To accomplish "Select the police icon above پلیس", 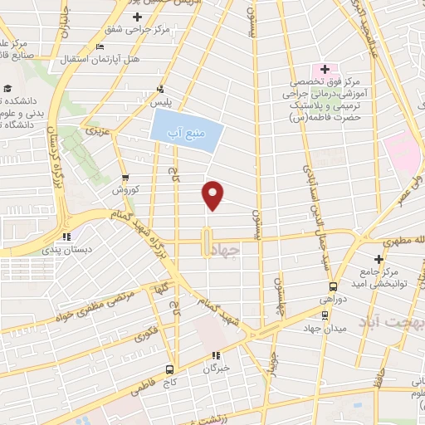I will click(160, 89).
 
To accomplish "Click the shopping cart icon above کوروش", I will click(125, 178).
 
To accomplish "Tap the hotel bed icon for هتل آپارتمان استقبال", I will click(100, 46).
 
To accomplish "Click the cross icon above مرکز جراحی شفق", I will click(137, 17).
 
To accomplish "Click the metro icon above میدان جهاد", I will click(325, 315).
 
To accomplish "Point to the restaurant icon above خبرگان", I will click(217, 355).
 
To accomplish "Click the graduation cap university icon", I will click(7, 89).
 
